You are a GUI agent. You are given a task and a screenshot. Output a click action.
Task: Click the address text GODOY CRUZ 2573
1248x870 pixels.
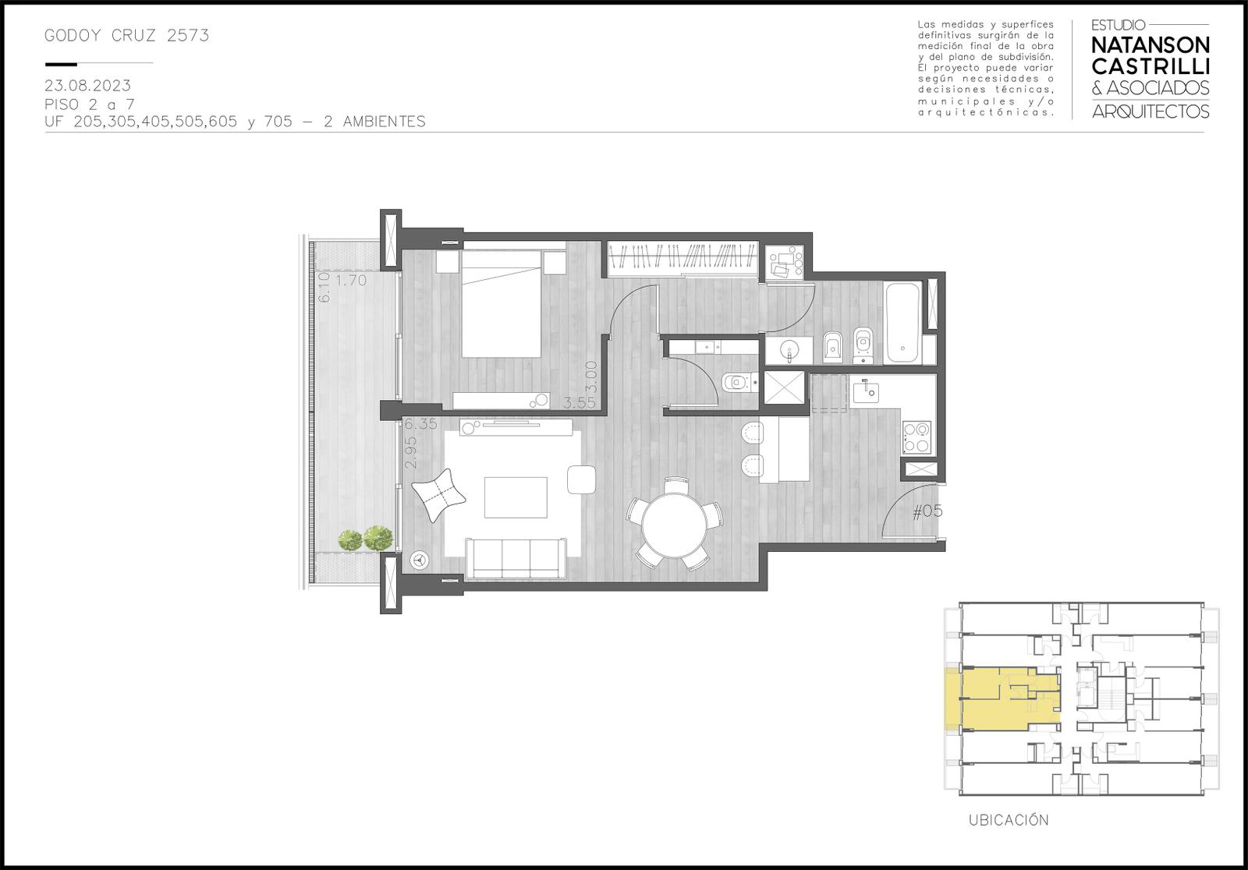coord(126,36)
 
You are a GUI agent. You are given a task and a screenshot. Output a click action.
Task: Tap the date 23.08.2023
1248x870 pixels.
coord(87,86)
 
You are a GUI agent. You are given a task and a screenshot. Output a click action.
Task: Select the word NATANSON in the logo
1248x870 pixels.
coord(1150,45)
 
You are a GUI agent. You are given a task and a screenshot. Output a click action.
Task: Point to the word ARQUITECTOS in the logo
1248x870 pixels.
coord(1150,111)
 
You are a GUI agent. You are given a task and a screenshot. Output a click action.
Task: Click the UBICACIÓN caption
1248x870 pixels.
coord(1009,820)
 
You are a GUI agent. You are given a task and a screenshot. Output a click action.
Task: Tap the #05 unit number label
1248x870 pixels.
coord(927,511)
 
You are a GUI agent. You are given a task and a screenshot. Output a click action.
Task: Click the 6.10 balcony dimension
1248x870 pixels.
coord(324,287)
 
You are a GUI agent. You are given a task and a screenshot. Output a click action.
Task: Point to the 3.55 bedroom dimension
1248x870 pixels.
coord(579,403)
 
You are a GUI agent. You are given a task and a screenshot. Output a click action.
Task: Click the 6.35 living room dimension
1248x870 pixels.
coord(420,424)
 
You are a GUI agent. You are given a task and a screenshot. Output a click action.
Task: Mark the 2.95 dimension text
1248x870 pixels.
coord(411,451)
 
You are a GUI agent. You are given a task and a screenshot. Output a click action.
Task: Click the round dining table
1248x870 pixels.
coord(674,524)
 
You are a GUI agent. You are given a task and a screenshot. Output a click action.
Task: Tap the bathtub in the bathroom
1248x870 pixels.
coord(902,323)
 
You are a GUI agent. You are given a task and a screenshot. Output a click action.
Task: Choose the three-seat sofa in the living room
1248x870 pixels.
coord(516,559)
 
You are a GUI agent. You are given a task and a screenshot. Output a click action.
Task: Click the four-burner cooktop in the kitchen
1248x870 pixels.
coord(916,437)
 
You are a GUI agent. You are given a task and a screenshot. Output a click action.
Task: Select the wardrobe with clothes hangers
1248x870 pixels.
coord(683,259)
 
